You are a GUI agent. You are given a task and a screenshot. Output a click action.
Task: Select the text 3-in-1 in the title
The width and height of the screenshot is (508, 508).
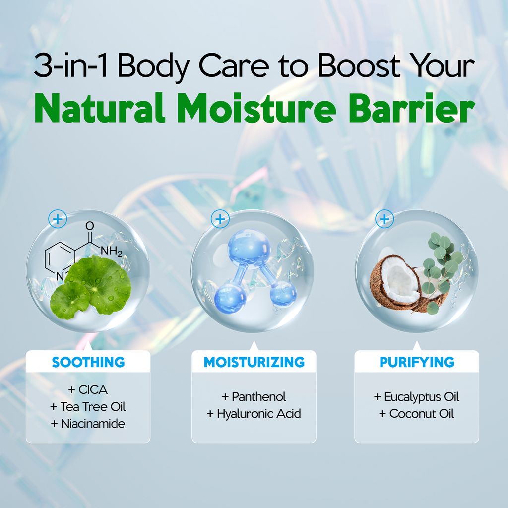[x=70, y=65]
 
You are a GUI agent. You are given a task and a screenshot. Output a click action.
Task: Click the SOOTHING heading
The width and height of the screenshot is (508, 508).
[x=88, y=362]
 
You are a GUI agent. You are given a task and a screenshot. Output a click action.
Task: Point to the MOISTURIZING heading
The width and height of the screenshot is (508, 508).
[x=254, y=362]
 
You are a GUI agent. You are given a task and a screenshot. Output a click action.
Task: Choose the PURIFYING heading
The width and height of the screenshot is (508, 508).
[x=417, y=362]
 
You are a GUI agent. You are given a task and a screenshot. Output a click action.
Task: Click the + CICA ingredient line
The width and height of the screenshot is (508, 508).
[x=88, y=389]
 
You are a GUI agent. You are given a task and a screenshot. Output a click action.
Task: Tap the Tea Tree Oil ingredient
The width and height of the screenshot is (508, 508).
[x=93, y=406]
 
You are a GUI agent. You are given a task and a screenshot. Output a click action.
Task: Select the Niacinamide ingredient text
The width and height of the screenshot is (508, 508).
[x=93, y=424]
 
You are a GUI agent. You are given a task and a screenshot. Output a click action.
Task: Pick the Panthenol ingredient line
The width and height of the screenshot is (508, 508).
[x=254, y=396]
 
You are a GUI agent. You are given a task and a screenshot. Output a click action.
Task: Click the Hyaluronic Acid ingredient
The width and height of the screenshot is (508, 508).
[x=259, y=413]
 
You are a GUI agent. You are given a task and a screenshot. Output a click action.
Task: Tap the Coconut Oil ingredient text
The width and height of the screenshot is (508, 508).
[x=422, y=413]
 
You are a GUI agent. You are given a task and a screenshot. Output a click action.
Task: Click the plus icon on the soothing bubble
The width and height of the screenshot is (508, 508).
[x=58, y=219]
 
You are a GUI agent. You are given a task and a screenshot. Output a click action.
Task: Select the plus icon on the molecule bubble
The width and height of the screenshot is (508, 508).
[x=220, y=219]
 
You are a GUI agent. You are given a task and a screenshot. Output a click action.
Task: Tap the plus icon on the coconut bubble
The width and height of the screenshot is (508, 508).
[x=384, y=219]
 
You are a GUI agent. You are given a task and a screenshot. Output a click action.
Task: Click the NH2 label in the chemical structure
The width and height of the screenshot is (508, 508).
[x=111, y=251]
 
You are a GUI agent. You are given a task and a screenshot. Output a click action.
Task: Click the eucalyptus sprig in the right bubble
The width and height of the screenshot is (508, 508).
[x=440, y=269]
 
